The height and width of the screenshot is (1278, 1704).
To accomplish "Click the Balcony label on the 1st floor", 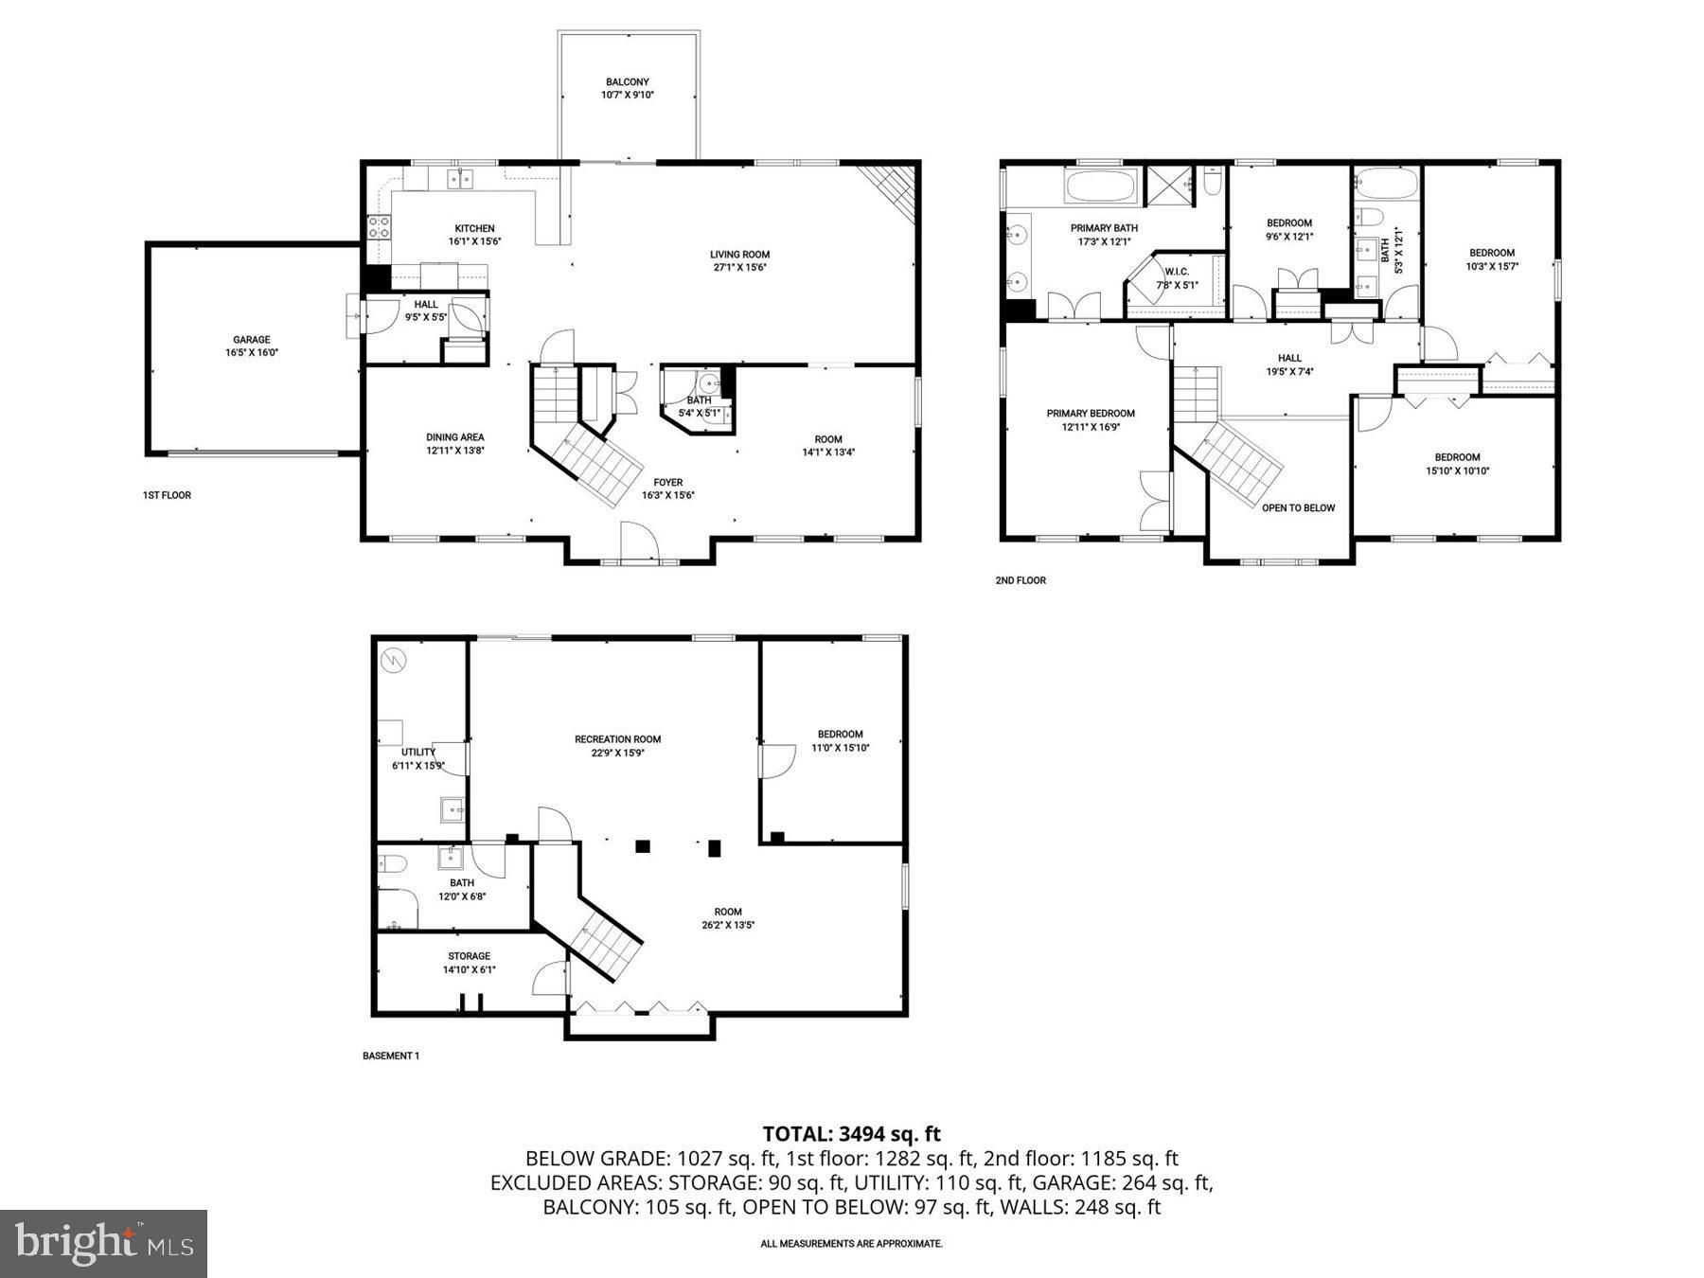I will pos(627,82).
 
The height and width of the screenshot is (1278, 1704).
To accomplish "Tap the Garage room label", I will pos(252,340).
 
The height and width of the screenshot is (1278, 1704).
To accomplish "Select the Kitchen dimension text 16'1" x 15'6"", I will pos(474,241).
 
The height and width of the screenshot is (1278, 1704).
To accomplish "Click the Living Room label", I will pos(739,255).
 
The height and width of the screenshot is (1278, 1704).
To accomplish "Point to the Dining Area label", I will pos(454,437).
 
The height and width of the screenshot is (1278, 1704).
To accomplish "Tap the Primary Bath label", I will pos(1104,228).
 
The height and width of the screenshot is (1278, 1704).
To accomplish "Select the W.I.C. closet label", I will pos(1177,272).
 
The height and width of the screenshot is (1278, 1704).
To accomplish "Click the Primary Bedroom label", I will pos(1091,414).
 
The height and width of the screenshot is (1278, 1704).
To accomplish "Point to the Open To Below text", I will pos(1298,508).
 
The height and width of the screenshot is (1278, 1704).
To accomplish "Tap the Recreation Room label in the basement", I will pos(617,739).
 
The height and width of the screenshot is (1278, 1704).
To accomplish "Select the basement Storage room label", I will pos(469,956).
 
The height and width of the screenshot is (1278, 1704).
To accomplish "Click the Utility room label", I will pos(417,753).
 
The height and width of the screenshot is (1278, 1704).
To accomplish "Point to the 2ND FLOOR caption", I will pos(1020,580).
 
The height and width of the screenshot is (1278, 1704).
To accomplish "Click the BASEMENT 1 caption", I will pos(390,1056).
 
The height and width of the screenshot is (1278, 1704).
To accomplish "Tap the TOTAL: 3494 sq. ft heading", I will pos(851,1133).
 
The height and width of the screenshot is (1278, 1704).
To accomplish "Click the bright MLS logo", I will pos(103,1243).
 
